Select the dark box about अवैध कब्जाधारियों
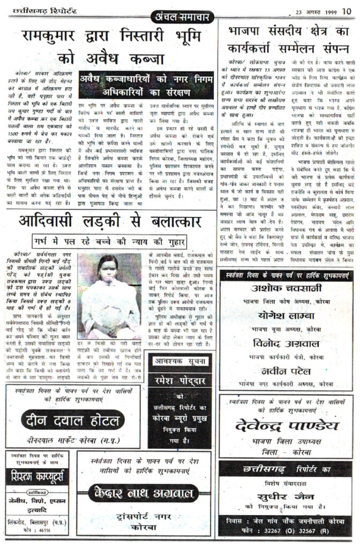(147, 81)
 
